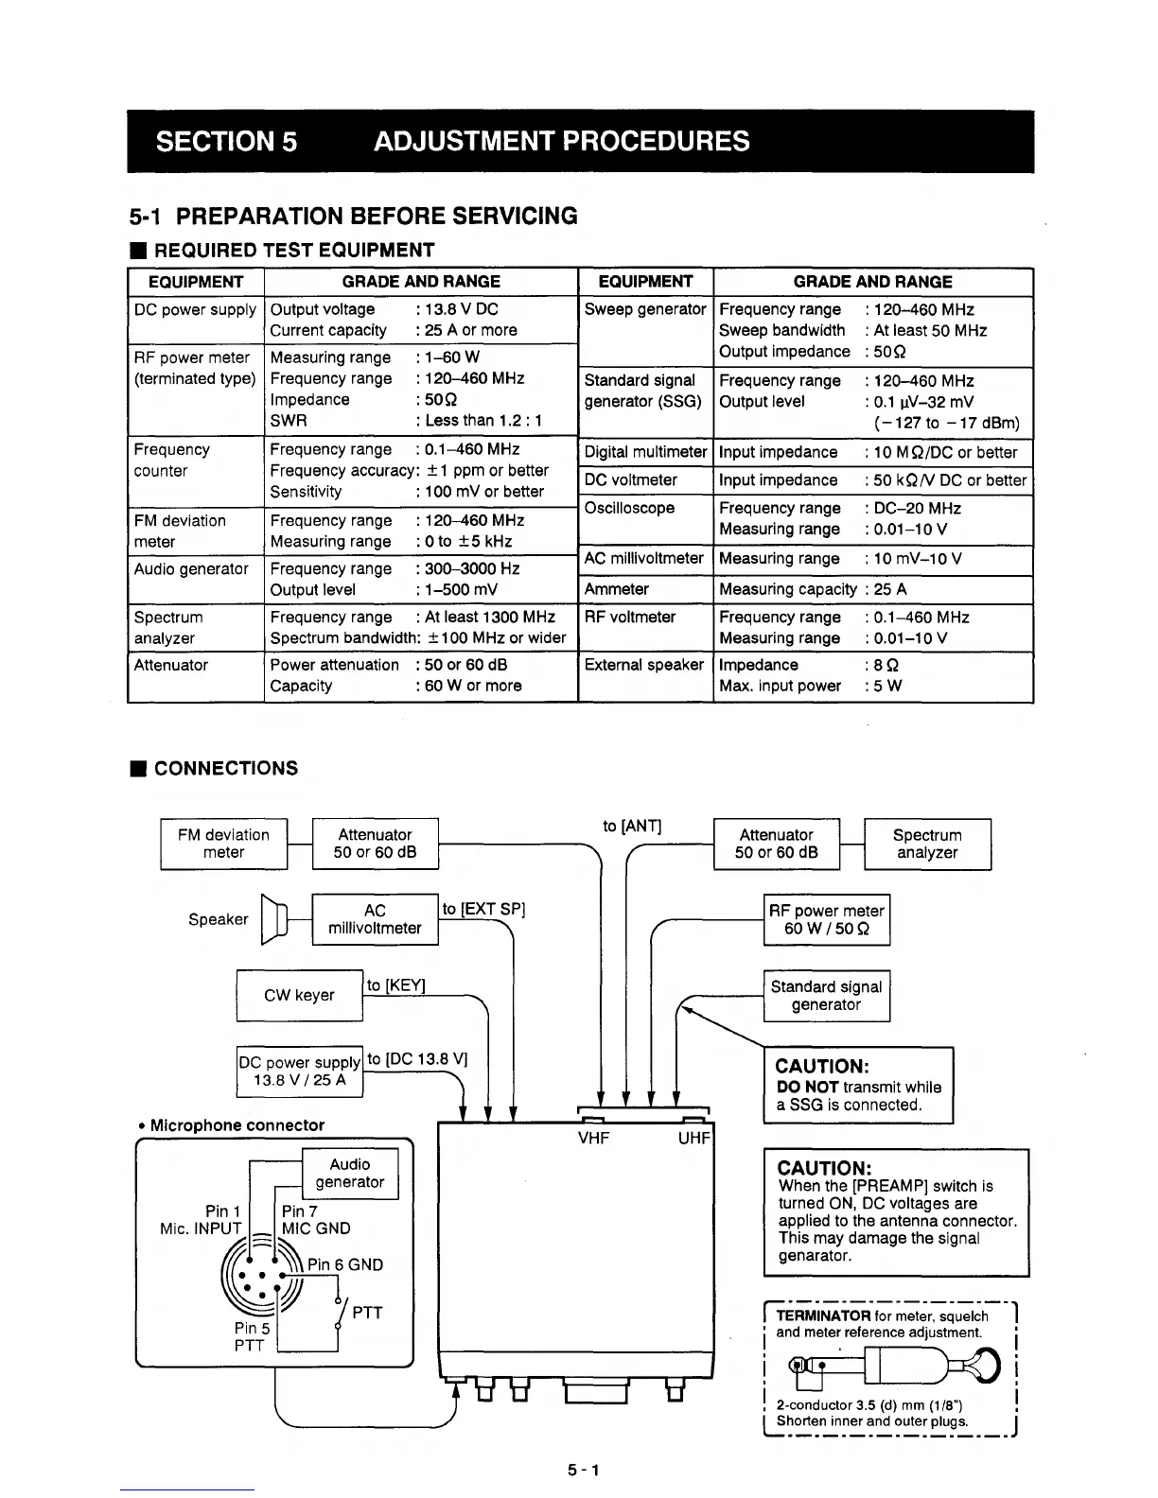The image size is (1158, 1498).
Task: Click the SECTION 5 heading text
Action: pyautogui.click(x=226, y=142)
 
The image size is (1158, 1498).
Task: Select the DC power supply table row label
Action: pyautogui.click(x=195, y=310)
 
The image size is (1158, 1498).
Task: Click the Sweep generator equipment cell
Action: pyautogui.click(x=645, y=310)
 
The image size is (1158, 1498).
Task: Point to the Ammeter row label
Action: pyautogui.click(x=617, y=589)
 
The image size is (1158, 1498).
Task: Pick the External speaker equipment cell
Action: pyautogui.click(x=644, y=665)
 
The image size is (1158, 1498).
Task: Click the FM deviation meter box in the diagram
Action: pyautogui.click(x=223, y=844)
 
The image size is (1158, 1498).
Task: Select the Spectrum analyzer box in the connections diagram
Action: pyautogui.click(x=927, y=844)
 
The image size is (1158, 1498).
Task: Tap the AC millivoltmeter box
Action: pyautogui.click(x=375, y=919)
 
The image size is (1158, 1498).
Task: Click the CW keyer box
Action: pyautogui.click(x=299, y=995)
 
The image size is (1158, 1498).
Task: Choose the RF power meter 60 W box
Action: pyautogui.click(x=826, y=919)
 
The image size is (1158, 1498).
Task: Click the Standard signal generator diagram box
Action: pyautogui.click(x=826, y=996)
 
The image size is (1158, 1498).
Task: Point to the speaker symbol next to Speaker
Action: pyautogui.click(x=272, y=919)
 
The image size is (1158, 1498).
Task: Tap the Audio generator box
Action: pyautogui.click(x=349, y=1174)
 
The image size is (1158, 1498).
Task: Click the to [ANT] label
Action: pyautogui.click(x=632, y=827)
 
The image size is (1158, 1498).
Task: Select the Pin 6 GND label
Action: pyautogui.click(x=345, y=1264)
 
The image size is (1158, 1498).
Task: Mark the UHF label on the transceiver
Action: pyautogui.click(x=693, y=1139)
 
